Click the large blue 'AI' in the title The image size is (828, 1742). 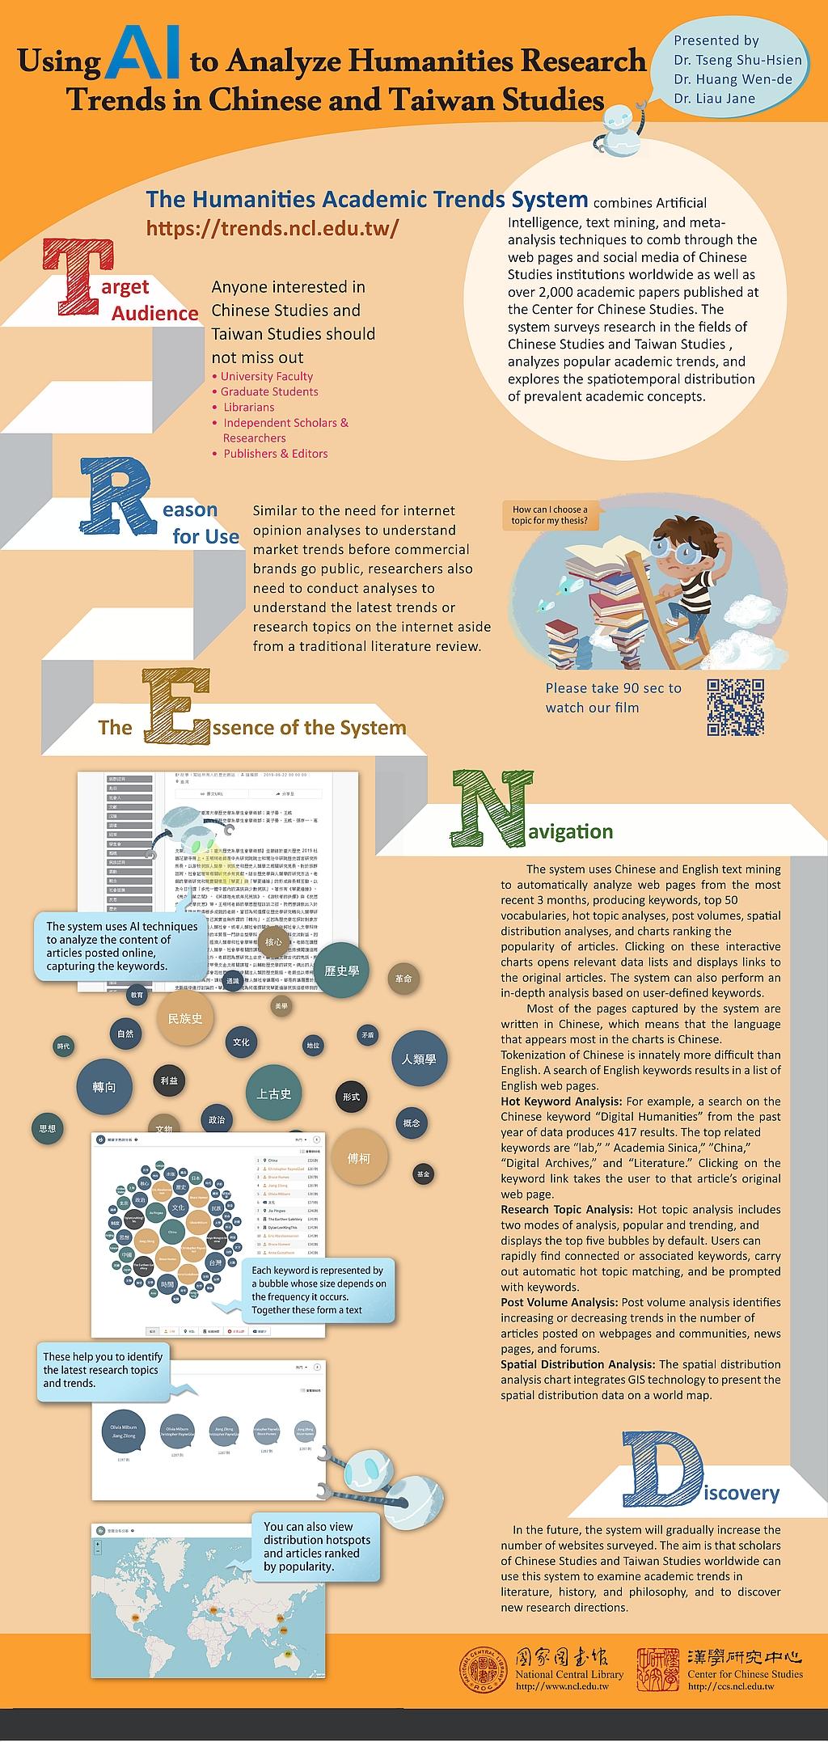click(x=143, y=53)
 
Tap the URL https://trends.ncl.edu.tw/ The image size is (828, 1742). click(x=272, y=228)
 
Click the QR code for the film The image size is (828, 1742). click(x=735, y=707)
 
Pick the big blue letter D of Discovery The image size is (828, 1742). click(x=661, y=1469)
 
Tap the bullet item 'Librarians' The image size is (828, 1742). click(x=249, y=408)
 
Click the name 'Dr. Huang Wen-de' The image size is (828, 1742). click(x=733, y=79)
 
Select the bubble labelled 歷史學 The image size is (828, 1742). click(x=342, y=970)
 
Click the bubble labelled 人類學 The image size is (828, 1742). click(x=419, y=1059)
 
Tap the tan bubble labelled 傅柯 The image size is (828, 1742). click(x=359, y=1158)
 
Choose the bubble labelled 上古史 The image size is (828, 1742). click(x=274, y=1093)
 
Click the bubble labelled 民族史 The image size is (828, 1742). click(x=185, y=1019)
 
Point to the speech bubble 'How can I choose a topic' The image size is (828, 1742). click(x=550, y=514)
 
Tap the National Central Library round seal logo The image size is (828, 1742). click(x=483, y=1670)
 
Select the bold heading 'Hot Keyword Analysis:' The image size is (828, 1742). click(x=561, y=1101)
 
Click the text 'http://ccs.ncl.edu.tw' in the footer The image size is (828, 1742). click(x=731, y=1686)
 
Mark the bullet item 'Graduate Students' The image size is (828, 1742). click(x=269, y=391)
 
